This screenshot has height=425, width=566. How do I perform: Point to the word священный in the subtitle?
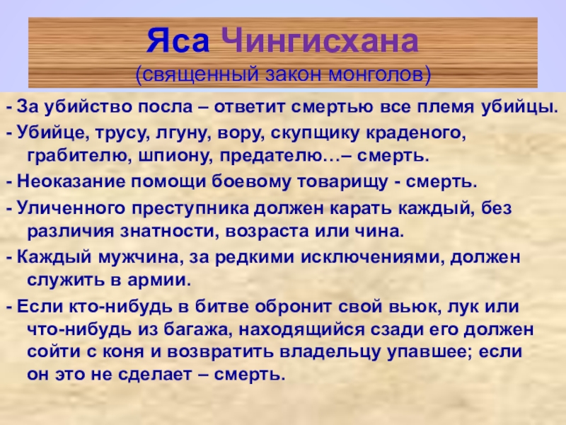pyautogui.click(x=197, y=75)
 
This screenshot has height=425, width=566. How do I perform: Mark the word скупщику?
pyautogui.click(x=315, y=134)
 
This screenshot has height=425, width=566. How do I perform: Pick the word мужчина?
pyautogui.click(x=137, y=257)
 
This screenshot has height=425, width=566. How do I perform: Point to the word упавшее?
pyautogui.click(x=429, y=352)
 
